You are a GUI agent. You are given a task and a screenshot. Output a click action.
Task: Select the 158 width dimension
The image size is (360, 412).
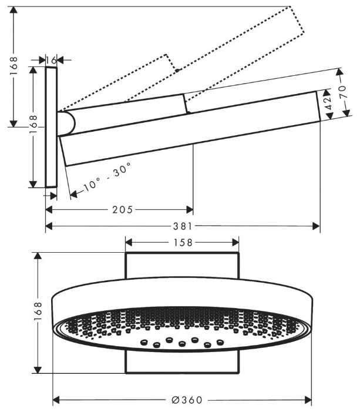(x=182, y=242)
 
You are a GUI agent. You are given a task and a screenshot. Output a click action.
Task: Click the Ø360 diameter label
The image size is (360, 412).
(x=187, y=400)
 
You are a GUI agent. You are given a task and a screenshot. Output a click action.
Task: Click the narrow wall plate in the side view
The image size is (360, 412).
(x=51, y=126)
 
